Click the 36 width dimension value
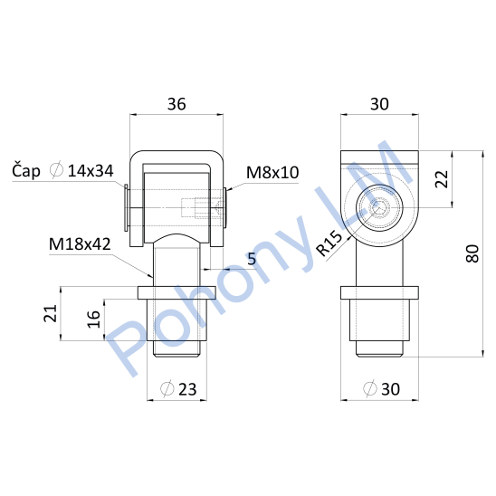click(x=176, y=104)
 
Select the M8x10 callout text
click(x=272, y=172)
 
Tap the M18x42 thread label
click(x=80, y=244)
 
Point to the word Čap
click(x=26, y=171)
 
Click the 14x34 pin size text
click(x=91, y=171)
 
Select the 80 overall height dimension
click(x=472, y=253)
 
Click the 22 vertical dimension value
click(x=442, y=179)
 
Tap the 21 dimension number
click(x=51, y=313)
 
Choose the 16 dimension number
click(x=93, y=320)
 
